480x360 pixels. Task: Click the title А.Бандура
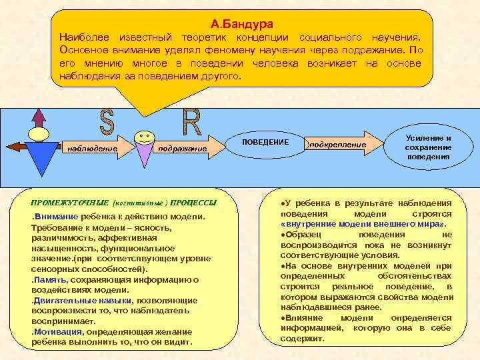point(241,24)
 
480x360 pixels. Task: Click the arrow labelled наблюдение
point(93,148)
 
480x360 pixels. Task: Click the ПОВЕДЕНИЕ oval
point(265,142)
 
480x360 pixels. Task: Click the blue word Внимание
point(56,217)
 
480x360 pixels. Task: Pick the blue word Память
point(49,279)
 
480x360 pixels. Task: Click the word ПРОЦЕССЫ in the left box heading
point(193,202)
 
